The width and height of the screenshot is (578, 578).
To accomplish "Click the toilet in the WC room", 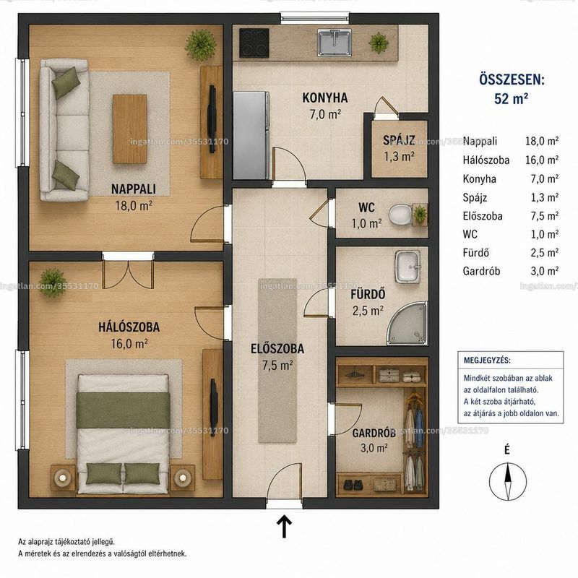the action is pos(400,215).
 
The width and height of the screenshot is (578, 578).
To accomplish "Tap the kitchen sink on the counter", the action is pos(335,43).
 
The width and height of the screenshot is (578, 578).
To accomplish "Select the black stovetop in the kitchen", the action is pos(254,43).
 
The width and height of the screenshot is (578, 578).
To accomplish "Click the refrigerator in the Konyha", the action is pos(251,135).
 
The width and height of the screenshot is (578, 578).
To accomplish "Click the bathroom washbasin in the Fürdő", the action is pos(407,267).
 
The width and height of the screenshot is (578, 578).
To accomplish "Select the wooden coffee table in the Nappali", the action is pos(130,129).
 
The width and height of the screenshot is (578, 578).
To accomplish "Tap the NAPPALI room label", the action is pos(134,189).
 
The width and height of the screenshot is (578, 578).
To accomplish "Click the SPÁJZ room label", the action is pos(399,140).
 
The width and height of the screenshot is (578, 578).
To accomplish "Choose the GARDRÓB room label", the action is pos(374,433).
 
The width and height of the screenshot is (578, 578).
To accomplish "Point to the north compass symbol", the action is pos(508,481).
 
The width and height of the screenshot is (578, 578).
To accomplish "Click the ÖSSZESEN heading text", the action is pos(512,79).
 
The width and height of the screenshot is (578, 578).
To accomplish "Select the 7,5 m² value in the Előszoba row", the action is pos(545,215).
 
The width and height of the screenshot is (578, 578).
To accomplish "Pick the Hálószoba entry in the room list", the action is pos(486,160).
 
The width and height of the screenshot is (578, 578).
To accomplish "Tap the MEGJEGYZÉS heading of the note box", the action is pos(487,360).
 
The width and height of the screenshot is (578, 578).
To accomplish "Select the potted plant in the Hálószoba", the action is pos(53,282).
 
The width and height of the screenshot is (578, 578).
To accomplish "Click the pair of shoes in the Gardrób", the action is pos(353,484).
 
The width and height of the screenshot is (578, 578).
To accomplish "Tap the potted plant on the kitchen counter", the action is pos(379,43).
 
